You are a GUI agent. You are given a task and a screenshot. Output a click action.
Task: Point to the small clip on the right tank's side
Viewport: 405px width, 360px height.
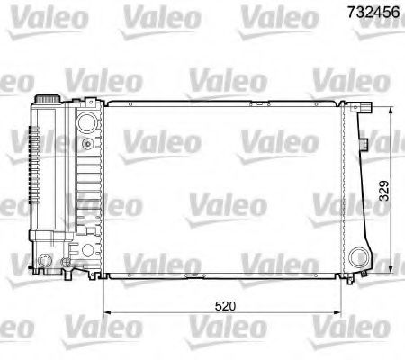pos(361,141)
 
